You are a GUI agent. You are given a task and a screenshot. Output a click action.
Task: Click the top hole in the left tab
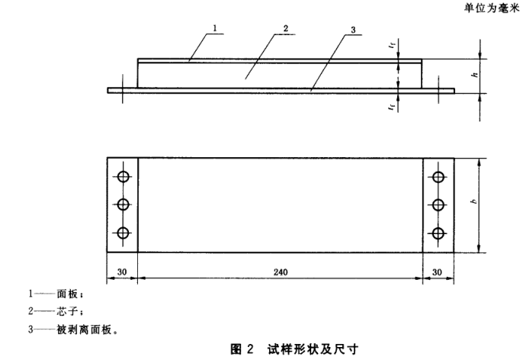click(122, 177)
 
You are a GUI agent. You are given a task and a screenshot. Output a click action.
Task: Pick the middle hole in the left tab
click(122, 204)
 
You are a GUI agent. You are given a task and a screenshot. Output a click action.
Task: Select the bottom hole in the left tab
click(122, 233)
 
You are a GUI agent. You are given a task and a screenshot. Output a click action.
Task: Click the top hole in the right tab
click(438, 177)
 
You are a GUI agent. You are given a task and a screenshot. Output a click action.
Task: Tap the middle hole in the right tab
click(438, 204)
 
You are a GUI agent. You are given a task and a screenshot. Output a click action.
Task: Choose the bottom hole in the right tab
click(438, 233)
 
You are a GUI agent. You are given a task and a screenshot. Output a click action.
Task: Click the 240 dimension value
click(280, 271)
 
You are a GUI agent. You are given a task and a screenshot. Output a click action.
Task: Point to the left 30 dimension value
click(121, 271)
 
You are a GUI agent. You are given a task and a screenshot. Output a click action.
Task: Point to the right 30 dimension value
click(438, 271)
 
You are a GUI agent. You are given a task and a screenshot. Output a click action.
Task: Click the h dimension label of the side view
click(474, 76)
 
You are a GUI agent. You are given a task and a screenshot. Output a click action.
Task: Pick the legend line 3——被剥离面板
click(73, 330)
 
